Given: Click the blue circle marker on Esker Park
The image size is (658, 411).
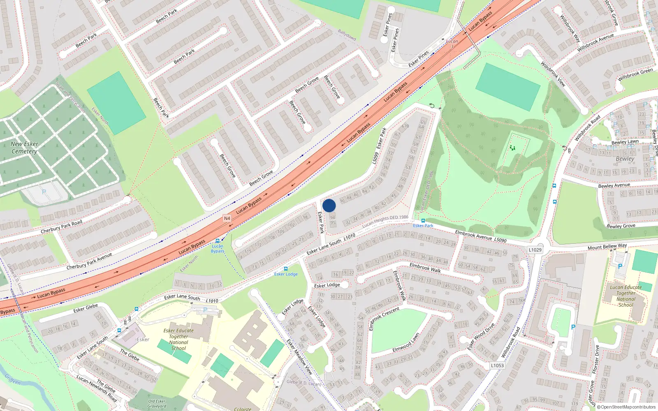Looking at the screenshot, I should (x=329, y=205).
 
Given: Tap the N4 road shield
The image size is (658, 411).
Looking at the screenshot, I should (x=227, y=218).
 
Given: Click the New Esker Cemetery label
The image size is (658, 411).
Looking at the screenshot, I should (x=24, y=148).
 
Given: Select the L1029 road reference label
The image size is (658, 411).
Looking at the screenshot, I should (x=535, y=249).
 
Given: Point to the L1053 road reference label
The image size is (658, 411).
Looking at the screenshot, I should (x=497, y=365).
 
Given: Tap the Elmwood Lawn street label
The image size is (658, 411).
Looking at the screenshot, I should (x=405, y=343).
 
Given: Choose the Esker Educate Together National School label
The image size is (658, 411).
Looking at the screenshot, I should (x=178, y=339).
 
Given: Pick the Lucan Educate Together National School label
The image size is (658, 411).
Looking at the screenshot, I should (x=626, y=296).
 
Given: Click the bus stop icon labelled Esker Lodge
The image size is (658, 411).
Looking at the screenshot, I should (x=286, y=269).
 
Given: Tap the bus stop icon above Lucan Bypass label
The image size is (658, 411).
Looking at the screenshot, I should (x=218, y=241).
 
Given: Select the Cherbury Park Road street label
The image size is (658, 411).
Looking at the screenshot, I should (x=61, y=227).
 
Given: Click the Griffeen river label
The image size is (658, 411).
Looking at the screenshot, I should (x=12, y=379).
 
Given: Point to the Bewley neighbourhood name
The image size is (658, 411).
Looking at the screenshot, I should (x=625, y=159).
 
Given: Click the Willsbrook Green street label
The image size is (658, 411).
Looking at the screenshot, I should (x=635, y=74).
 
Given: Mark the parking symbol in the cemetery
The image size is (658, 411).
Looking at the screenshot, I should (x=44, y=192).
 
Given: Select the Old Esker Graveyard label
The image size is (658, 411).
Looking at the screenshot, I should (x=157, y=404).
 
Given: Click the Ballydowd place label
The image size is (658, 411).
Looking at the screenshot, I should (x=347, y=35).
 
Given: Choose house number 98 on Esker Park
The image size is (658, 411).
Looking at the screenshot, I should (x=305, y=217).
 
